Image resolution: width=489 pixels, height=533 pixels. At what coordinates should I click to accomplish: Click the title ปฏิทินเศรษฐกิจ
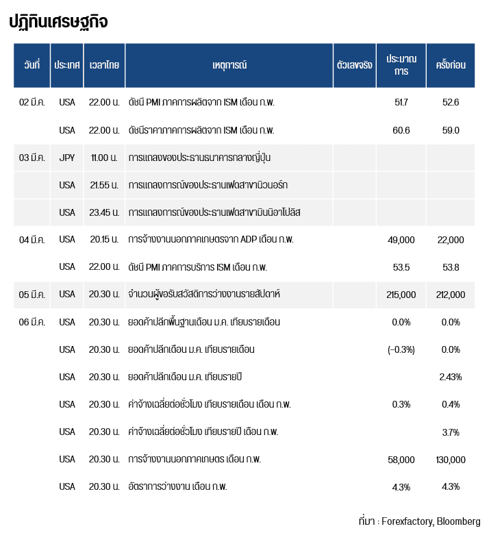tap(58, 22)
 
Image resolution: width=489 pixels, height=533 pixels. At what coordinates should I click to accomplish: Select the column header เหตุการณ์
tap(229, 65)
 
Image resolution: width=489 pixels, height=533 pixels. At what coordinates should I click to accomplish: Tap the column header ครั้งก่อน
tap(451, 65)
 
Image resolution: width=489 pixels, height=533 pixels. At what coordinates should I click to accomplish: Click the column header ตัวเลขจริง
tap(355, 65)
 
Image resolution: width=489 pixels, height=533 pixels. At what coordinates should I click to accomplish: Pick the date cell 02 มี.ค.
tap(32, 102)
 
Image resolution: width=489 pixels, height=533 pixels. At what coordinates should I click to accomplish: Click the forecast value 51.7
tap(401, 102)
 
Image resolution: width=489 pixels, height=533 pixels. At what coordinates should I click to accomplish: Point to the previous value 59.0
tap(451, 130)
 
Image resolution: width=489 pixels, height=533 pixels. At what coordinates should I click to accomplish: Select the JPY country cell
tap(67, 158)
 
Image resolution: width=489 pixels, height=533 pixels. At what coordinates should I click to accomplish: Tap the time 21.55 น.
tap(104, 185)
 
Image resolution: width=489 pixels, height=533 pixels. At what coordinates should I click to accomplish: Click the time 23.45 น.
tap(104, 212)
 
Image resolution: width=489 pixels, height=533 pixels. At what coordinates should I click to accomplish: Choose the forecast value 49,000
tap(401, 240)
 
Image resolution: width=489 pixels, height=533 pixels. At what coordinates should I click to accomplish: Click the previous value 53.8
tap(451, 267)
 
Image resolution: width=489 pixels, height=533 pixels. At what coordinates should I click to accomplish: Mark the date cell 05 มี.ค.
tap(32, 295)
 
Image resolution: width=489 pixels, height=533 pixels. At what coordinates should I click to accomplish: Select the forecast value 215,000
tap(401, 295)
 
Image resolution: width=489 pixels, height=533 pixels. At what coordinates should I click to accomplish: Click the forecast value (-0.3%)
tap(401, 349)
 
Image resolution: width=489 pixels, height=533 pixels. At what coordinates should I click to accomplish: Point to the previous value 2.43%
tap(451, 377)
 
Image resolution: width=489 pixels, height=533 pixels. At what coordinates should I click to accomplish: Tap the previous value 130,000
tap(451, 459)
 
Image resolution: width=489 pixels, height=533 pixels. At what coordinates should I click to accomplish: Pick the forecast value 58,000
tap(401, 459)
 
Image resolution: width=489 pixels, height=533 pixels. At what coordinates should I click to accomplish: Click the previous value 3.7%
tap(451, 432)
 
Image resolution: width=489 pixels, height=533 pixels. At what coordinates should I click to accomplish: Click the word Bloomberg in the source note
tap(459, 521)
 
